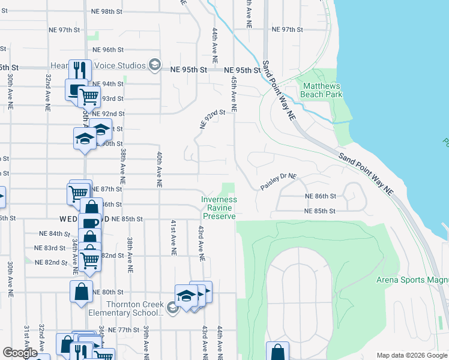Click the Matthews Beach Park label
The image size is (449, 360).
coord(321,90)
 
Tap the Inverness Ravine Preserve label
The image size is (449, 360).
coord(219,208)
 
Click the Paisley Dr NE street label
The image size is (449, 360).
coord(279,182)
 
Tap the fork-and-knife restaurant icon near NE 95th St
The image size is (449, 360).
coord(80,69)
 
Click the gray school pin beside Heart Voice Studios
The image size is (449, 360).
coord(154,65)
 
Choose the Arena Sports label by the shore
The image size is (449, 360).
coord(412,280)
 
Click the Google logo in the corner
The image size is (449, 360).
coord(20,353)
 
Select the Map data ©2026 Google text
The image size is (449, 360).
coord(411,355)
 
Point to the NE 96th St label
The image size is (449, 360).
coord(108,50)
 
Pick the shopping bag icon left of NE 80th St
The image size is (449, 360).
coord(81,292)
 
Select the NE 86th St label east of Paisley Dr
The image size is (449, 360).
coord(321,196)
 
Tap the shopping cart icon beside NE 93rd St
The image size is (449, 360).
coord(89,95)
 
